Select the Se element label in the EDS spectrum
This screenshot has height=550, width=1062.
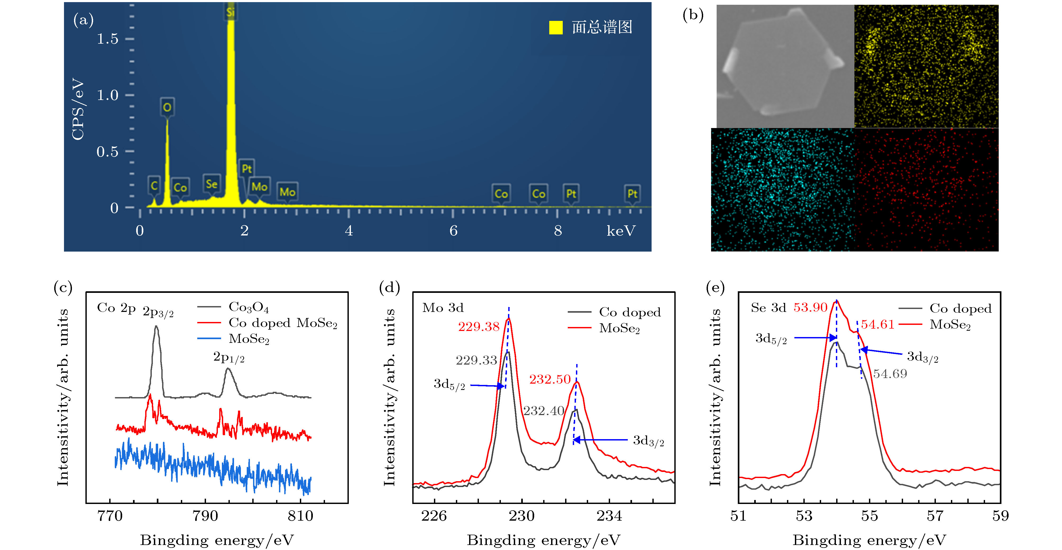[212, 184]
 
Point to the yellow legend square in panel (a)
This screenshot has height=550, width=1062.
[555, 28]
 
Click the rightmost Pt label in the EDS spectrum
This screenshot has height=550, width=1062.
[632, 194]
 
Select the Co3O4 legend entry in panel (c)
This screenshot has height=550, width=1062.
[249, 307]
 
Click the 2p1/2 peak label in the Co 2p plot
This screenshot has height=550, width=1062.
[229, 357]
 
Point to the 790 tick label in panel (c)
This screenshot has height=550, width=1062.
[205, 516]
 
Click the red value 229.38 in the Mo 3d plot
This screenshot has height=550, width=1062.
[479, 327]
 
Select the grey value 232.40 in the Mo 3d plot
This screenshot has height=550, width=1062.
[543, 411]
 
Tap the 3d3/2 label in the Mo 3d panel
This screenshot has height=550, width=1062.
[648, 441]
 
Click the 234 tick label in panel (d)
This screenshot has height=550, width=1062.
[609, 516]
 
